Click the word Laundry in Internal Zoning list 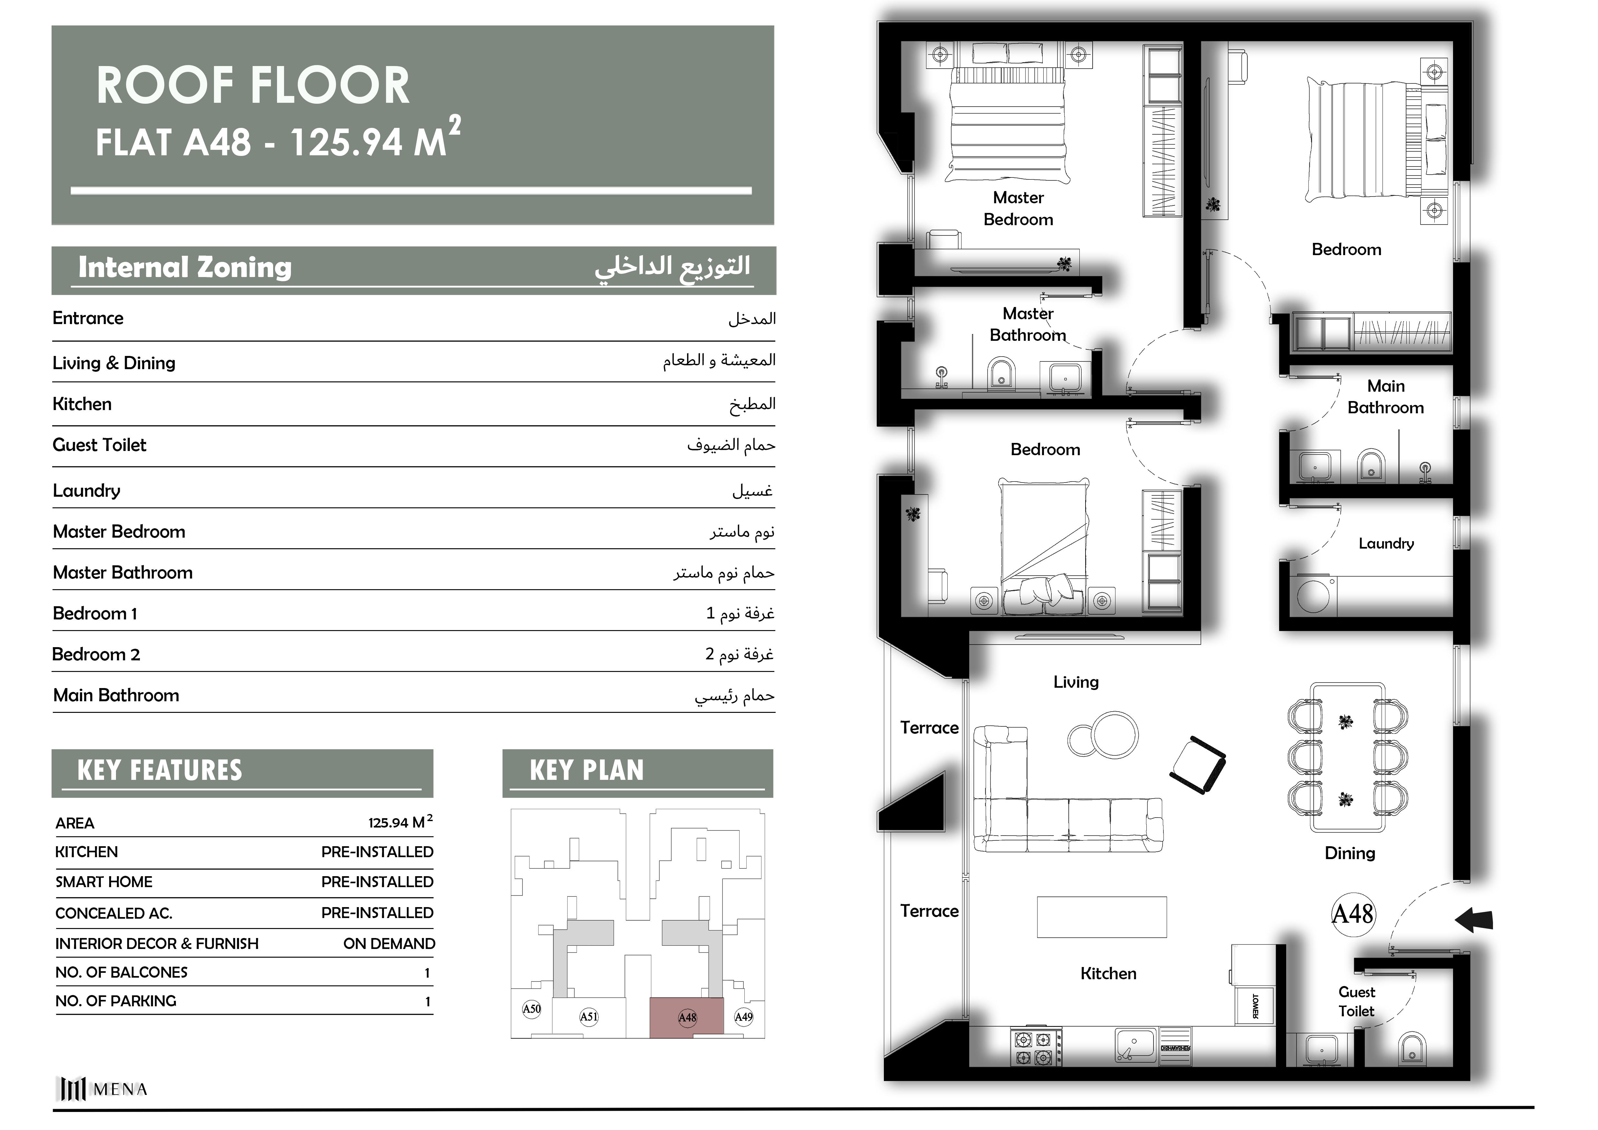86,491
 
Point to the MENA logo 101,1089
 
